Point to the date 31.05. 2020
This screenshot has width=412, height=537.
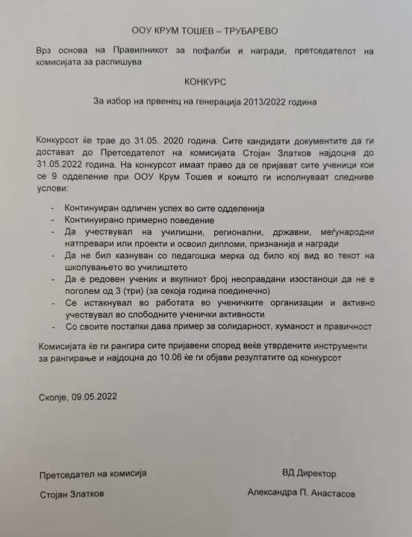154,139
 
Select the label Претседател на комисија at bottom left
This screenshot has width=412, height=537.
92,473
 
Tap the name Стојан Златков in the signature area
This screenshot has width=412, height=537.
72,494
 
